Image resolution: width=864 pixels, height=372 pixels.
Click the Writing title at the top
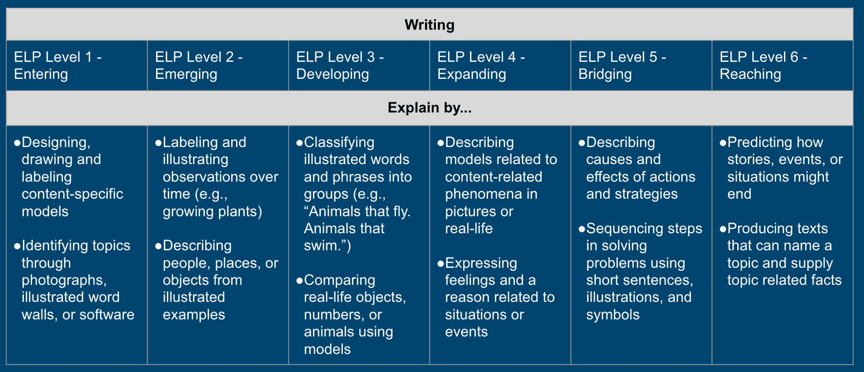[x=429, y=25]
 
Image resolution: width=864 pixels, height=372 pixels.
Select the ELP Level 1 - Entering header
[x=58, y=65]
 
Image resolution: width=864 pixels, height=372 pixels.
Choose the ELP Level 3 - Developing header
[x=340, y=65]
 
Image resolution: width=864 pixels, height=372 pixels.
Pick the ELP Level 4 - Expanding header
[x=481, y=65]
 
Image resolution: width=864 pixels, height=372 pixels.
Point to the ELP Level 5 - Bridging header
[x=622, y=65]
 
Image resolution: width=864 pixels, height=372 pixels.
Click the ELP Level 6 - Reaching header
[x=763, y=65]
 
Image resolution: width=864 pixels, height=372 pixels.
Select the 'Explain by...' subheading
[x=429, y=108]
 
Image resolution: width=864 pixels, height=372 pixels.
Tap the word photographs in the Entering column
[x=64, y=280]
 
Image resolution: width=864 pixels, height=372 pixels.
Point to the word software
[x=107, y=315]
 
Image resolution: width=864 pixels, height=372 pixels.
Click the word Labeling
[x=185, y=143]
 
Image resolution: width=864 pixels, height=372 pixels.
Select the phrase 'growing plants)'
[x=213, y=212]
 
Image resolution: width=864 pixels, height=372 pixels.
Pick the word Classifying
[x=339, y=143]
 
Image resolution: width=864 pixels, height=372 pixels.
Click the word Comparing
[x=339, y=280]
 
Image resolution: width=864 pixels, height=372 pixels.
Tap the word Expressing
[x=481, y=263]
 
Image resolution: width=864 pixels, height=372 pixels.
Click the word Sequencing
[x=624, y=229]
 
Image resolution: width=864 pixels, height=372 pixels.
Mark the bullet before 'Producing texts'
[x=723, y=229]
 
